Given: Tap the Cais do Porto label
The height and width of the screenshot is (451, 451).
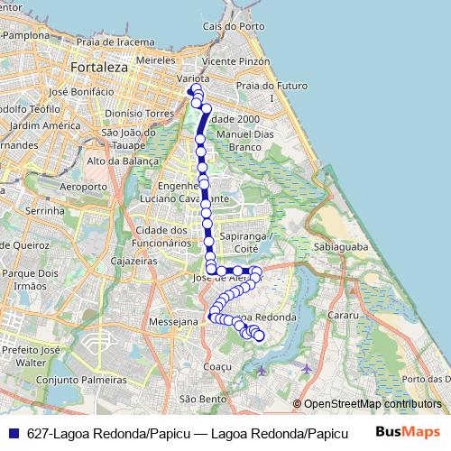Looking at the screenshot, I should point(226,28).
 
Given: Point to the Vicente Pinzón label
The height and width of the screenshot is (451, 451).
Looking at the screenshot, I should point(236,60).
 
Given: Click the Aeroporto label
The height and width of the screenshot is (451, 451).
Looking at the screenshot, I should point(82,187).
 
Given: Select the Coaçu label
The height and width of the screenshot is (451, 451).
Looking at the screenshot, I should point(219,367).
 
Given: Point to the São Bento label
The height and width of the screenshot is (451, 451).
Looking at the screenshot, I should point(203,398).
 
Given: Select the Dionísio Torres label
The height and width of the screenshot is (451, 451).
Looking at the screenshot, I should point(138,115).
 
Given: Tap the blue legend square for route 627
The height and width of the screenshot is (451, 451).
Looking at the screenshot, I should point(12,432).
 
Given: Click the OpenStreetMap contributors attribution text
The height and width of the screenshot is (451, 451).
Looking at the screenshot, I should point(372,404).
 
